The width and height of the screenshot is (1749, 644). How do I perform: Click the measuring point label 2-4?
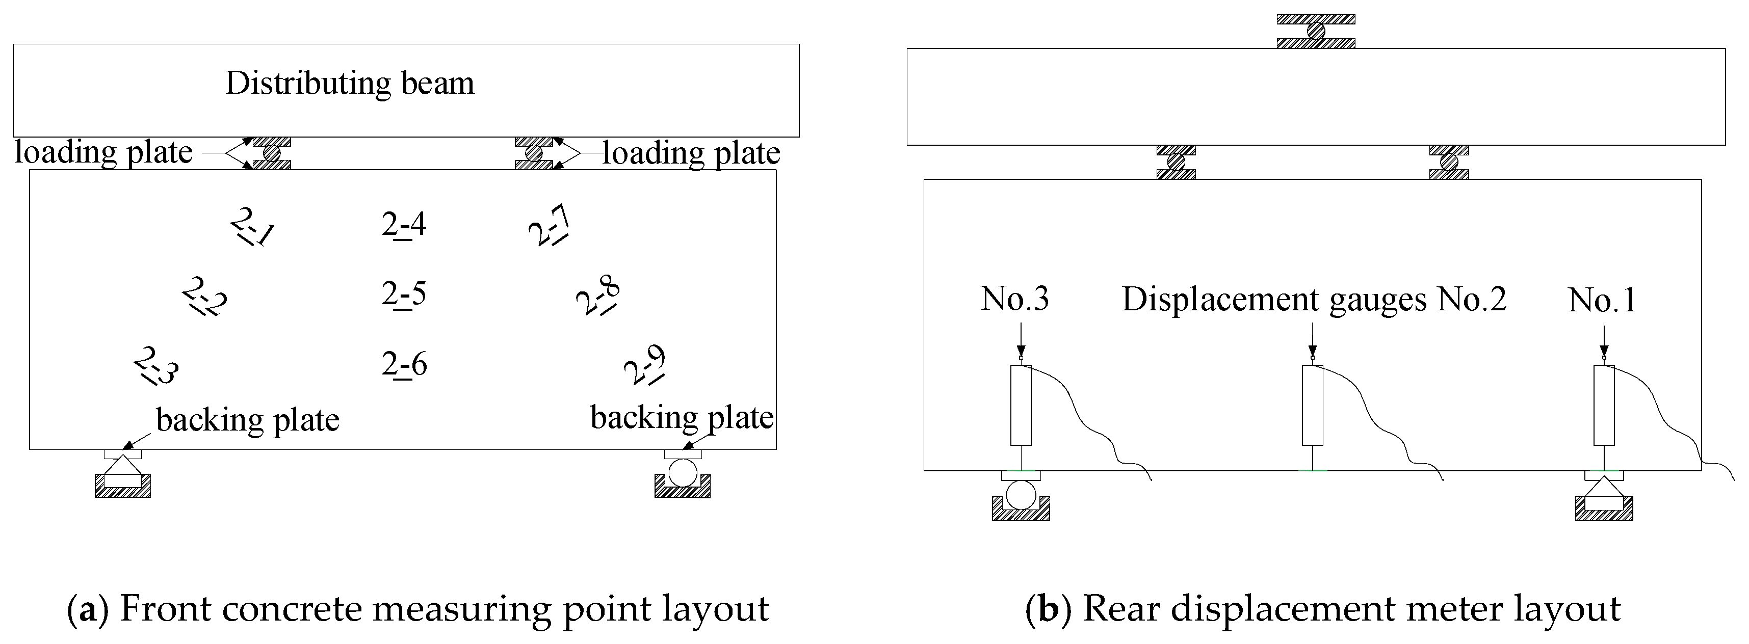404,225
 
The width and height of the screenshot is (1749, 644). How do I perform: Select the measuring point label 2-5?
404,294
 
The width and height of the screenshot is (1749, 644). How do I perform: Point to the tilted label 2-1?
252,226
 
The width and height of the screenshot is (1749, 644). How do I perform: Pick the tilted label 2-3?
156,366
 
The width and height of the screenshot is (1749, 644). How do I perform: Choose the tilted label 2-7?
549,226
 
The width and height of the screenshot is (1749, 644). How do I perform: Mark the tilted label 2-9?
644,365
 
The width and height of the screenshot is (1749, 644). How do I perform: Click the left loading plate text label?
104,152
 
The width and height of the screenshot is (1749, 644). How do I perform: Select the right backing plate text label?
682,417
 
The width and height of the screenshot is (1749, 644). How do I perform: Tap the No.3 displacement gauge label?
1014,299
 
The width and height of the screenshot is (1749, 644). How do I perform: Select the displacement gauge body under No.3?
1021,405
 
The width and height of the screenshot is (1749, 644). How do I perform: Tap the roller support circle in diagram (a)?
683,472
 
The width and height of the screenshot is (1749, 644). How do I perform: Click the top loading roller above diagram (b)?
1316,31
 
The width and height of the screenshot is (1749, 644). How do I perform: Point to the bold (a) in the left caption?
88,609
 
